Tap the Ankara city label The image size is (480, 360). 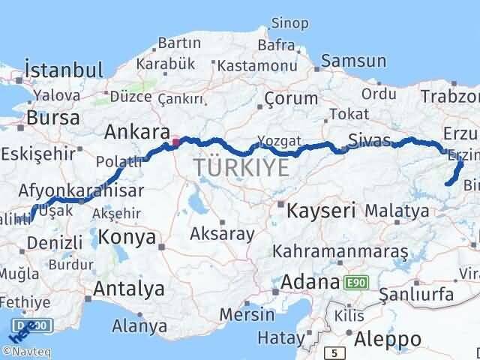pyautogui.click(x=137, y=133)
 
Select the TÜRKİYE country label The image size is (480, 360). pyautogui.click(x=241, y=168)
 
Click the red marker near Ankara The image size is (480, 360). pyautogui.click(x=176, y=140)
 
